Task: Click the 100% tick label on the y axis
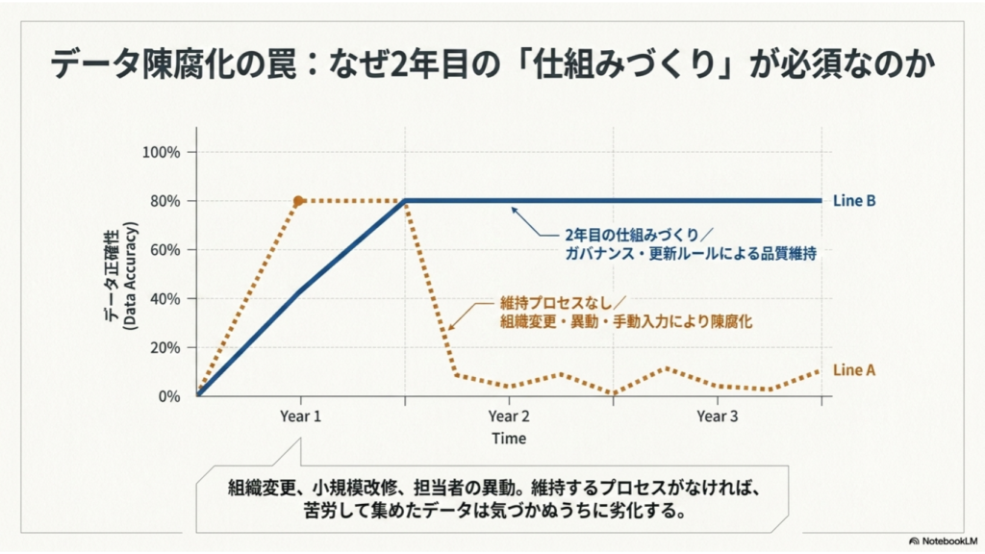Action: (161, 152)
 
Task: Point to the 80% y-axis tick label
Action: (165, 201)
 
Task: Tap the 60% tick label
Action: (165, 250)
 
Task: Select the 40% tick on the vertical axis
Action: (165, 299)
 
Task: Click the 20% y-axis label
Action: (165, 347)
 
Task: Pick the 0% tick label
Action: (169, 396)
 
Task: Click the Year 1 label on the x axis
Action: (300, 416)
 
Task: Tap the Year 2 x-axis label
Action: (509, 416)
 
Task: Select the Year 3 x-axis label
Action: (718, 416)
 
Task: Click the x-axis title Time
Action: (509, 439)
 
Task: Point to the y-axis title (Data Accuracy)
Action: (130, 275)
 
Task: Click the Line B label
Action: (854, 201)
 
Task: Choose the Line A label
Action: (854, 370)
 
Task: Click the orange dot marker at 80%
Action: (298, 201)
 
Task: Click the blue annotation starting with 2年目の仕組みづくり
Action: (691, 244)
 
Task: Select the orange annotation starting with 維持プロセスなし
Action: (626, 313)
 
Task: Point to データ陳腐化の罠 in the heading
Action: (173, 64)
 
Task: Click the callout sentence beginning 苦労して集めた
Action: (494, 510)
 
